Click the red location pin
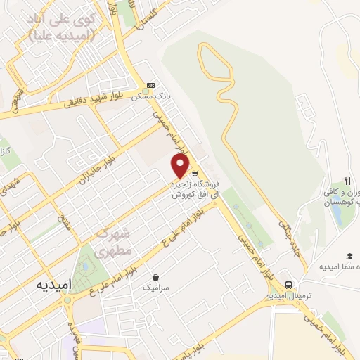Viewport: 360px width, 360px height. [181, 166]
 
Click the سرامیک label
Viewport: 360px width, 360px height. [155, 288]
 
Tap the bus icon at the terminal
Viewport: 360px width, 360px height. [288, 285]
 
